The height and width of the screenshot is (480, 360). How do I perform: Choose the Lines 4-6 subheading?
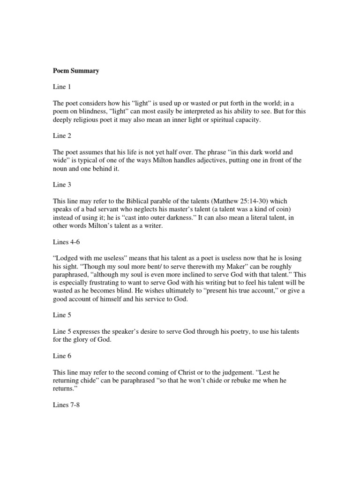click(x=66, y=242)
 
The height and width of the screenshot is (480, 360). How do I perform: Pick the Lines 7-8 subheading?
click(x=66, y=405)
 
